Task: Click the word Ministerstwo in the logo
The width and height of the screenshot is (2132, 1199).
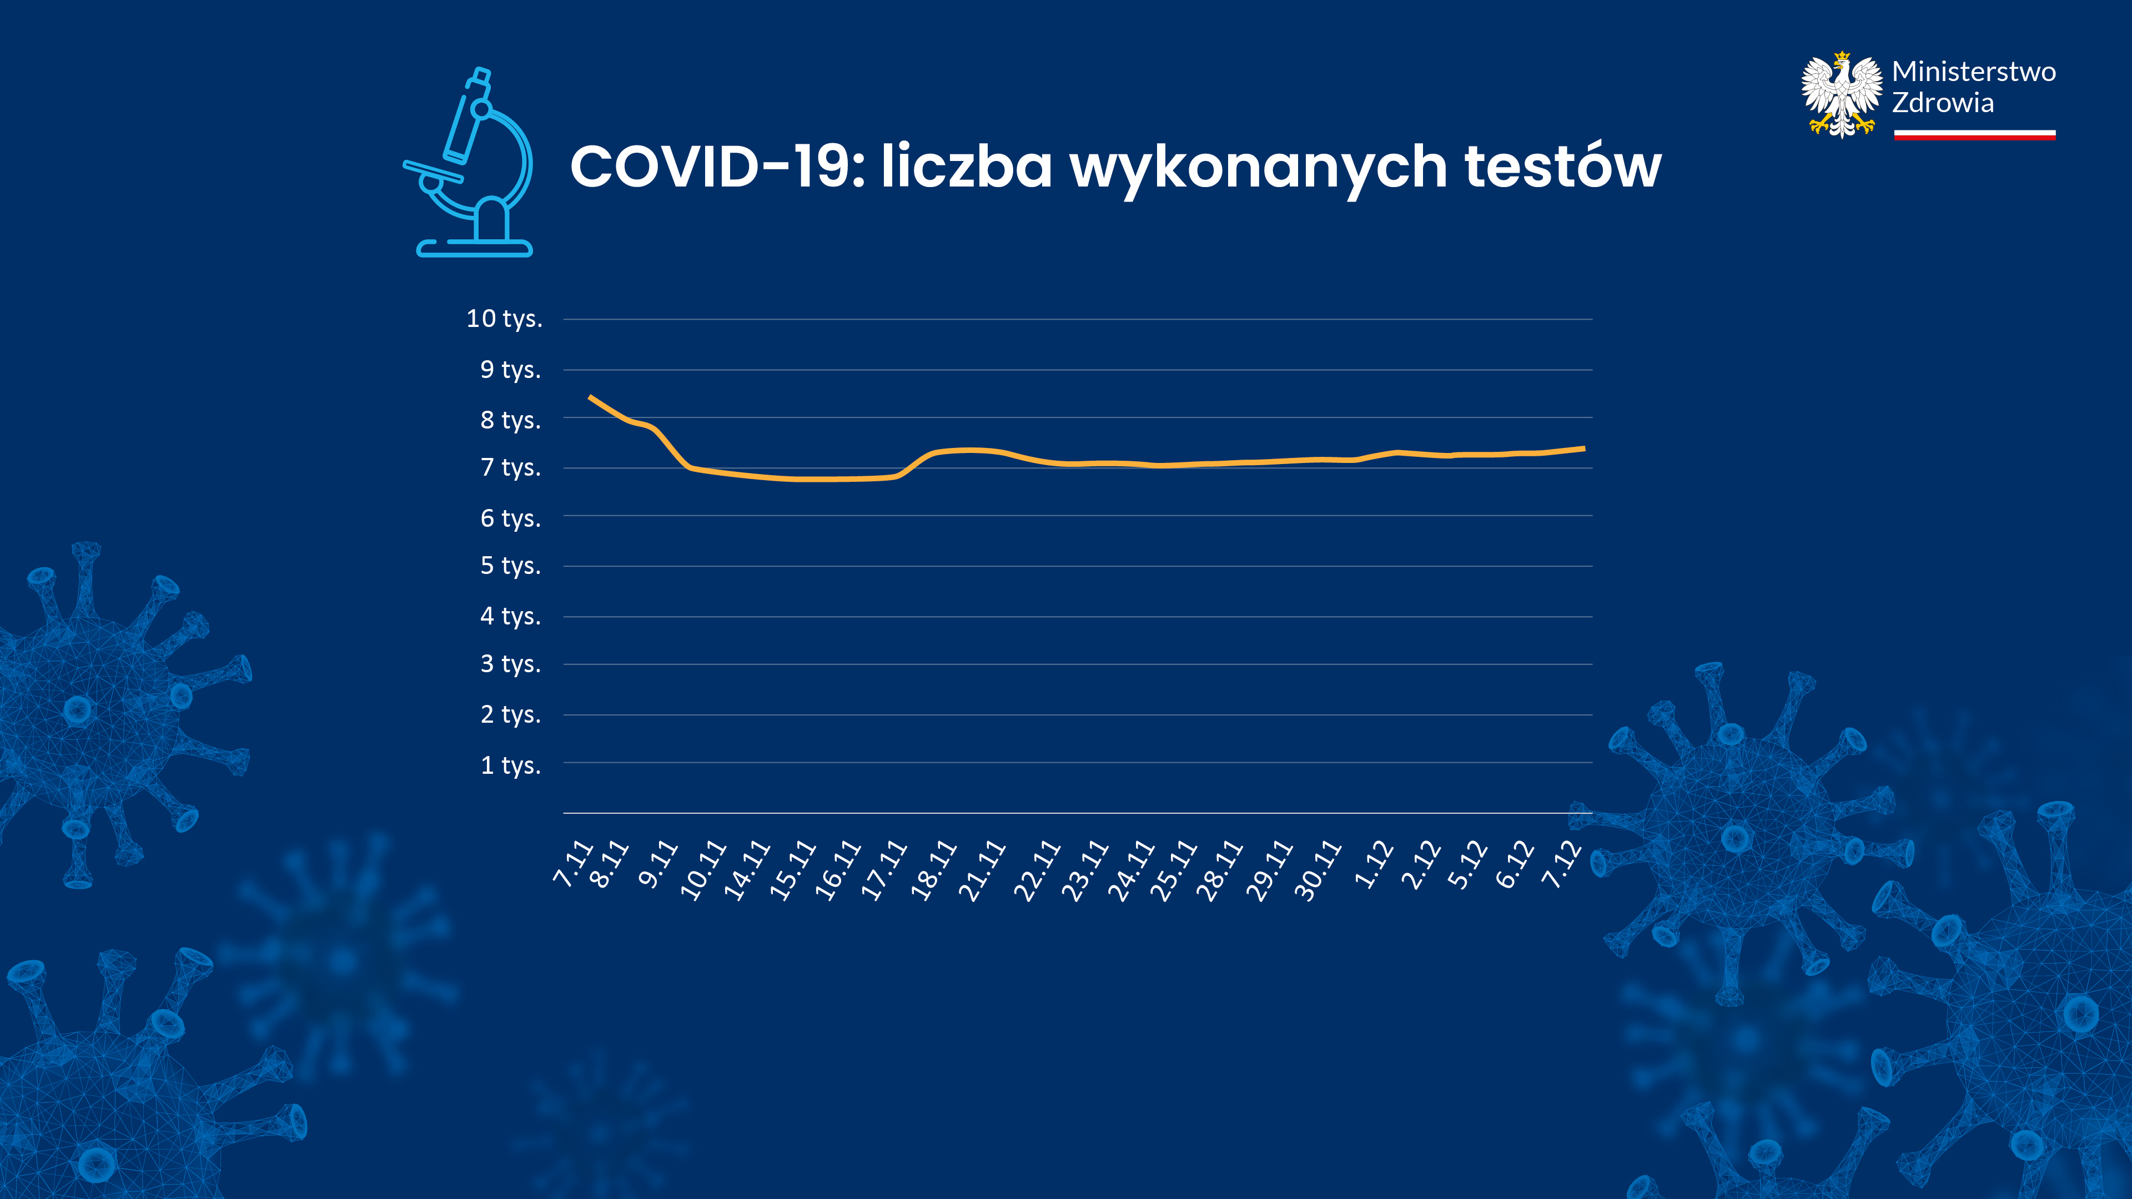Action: [1973, 72]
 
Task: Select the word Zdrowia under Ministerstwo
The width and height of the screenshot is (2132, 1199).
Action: [1943, 103]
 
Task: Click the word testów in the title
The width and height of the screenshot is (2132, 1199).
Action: [1562, 167]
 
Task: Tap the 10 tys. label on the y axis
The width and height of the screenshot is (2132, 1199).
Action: [504, 319]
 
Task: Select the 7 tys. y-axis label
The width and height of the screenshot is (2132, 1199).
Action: [511, 467]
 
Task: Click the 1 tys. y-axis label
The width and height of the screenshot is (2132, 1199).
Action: [511, 765]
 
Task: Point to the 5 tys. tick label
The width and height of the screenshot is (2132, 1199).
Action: [511, 566]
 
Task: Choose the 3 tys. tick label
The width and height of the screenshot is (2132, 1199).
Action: [511, 664]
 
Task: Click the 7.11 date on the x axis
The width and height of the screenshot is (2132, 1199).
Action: [573, 865]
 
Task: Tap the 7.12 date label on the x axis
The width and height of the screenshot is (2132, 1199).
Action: [1562, 865]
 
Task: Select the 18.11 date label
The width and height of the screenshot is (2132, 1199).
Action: [933, 870]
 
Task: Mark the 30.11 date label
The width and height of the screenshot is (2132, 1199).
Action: [1317, 870]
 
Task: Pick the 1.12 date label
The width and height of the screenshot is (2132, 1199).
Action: [1374, 865]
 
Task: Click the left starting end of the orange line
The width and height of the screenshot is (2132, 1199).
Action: [590, 397]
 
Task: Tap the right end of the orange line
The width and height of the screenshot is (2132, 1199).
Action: [1582, 449]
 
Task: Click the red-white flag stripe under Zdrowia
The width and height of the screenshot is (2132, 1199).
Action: [1974, 135]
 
